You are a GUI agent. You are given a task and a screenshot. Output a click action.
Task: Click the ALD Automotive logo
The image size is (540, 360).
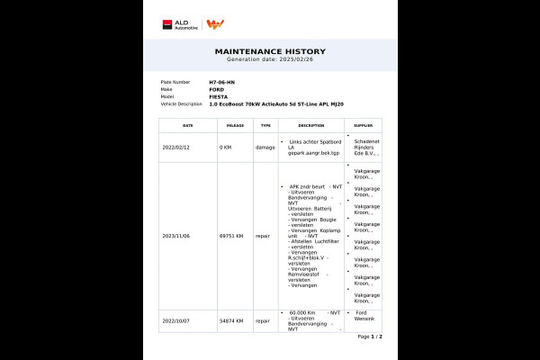(x=180, y=24)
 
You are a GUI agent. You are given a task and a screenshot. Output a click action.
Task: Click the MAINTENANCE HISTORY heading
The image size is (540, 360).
(x=270, y=51)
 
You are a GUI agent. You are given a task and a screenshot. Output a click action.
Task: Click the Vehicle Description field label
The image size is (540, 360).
(x=180, y=103)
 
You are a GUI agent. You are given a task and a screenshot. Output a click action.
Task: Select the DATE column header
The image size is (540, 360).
(x=187, y=125)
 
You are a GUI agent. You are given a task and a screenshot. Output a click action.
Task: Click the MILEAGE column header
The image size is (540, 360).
(x=235, y=125)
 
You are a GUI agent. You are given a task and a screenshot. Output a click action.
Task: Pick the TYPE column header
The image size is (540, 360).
(x=265, y=125)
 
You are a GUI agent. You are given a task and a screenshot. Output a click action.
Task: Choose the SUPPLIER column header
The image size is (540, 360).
(x=363, y=125)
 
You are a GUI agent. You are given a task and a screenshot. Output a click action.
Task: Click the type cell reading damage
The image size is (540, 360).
(x=265, y=147)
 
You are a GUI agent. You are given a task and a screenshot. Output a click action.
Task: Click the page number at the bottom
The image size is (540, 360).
(x=369, y=336)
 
